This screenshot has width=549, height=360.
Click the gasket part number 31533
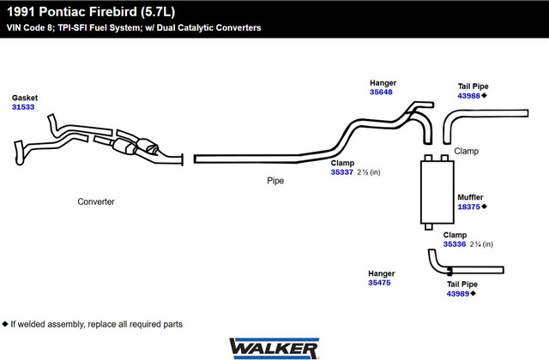(22, 107)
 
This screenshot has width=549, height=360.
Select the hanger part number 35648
(382, 92)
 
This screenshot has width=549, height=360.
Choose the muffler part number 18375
(468, 207)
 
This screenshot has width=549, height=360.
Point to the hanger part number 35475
(381, 282)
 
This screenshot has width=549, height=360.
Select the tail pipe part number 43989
(457, 293)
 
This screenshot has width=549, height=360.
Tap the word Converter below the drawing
(95, 202)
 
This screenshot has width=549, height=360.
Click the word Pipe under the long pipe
(274, 181)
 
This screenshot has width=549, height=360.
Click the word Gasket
(25, 98)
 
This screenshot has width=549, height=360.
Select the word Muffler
(470, 197)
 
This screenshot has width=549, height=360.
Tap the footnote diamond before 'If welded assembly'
(5, 324)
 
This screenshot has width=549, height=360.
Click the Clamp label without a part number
(467, 152)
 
